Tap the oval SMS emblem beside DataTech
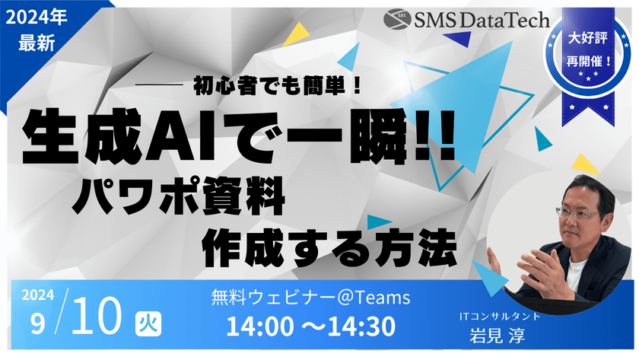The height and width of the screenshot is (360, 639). [x=396, y=18]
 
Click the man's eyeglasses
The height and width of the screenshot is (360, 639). [x=576, y=215]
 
